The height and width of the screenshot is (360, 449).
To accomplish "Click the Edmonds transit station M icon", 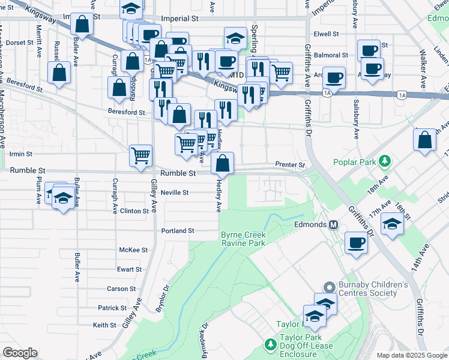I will [x=334, y=224].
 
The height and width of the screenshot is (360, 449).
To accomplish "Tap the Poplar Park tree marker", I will [x=386, y=161].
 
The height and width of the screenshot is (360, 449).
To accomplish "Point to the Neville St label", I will [x=175, y=193].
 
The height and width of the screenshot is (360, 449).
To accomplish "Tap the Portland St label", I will [x=178, y=230].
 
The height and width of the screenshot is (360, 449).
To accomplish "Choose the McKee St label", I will [x=133, y=250].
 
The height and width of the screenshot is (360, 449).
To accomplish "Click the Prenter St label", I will [x=290, y=164].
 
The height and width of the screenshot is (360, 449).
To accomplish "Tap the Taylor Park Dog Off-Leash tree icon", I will [x=270, y=344].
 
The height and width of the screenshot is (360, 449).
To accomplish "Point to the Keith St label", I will [x=104, y=325].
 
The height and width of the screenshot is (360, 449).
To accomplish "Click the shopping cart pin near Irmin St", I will [x=140, y=155].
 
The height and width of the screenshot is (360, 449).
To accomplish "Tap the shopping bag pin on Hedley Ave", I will [x=222, y=163].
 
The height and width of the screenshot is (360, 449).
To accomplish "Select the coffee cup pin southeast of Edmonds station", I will [x=357, y=243].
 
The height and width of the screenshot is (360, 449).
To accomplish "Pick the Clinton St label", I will [x=134, y=211].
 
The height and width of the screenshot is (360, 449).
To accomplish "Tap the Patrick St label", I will [x=112, y=308].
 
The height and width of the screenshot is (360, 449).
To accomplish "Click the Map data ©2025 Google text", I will [x=411, y=355].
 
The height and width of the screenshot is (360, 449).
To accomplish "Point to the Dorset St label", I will [x=20, y=43].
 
